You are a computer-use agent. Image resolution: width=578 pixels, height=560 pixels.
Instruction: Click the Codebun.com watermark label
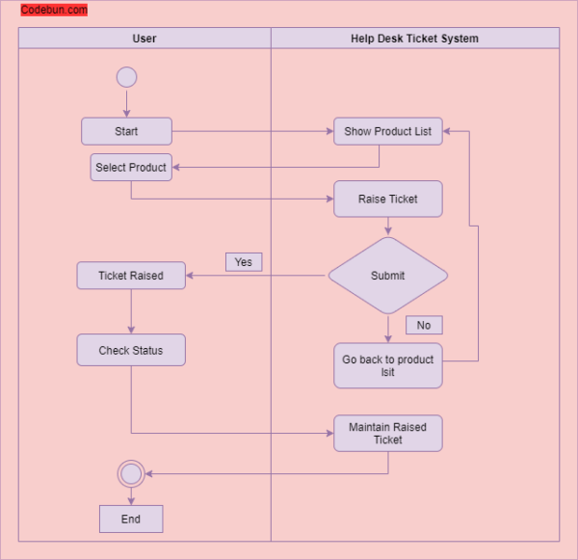54,11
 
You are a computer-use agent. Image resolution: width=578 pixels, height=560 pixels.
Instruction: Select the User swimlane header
144,39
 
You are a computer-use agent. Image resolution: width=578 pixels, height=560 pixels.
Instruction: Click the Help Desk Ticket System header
414,39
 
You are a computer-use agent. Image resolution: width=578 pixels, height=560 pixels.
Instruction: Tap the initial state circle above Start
126,77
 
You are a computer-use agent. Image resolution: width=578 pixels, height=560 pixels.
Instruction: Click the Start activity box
126,131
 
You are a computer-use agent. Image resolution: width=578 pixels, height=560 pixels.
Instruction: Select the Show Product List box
388,131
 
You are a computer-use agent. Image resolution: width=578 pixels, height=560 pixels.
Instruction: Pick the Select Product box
131,167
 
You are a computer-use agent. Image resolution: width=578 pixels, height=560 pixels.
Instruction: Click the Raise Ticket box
388,199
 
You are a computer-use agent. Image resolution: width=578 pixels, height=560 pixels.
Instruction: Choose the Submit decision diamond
388,276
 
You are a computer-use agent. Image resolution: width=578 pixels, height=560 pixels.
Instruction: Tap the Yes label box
244,262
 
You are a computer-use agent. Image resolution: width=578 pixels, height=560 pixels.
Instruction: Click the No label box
424,326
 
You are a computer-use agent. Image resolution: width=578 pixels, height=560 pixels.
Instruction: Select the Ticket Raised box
131,276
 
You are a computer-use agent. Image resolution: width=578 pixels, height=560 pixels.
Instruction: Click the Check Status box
131,350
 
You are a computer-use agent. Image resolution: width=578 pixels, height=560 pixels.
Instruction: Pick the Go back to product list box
388,365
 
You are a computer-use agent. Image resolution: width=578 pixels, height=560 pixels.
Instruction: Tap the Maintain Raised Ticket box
388,433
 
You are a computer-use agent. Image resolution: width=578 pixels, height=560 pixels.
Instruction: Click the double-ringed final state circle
131,473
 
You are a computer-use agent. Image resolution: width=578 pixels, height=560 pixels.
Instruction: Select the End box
131,519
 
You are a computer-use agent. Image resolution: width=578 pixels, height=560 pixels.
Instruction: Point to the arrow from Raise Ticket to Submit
388,227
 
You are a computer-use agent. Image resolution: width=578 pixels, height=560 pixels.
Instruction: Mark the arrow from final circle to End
131,495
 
